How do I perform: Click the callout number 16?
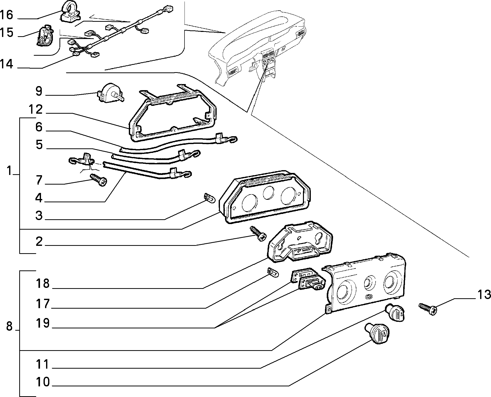click(x=7, y=15)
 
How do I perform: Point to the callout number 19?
click(x=43, y=323)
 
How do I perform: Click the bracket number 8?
click(x=9, y=326)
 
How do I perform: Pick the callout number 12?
click(x=35, y=110)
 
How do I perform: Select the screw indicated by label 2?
click(x=258, y=234)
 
